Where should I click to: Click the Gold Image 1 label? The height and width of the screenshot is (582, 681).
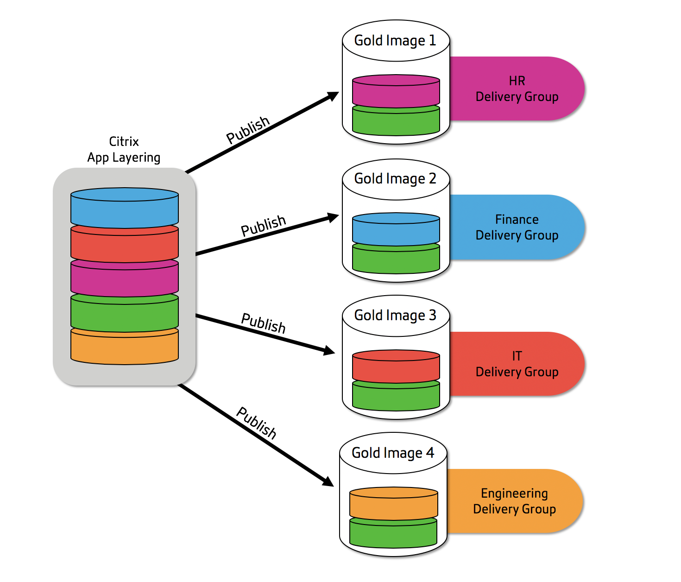pyautogui.click(x=395, y=41)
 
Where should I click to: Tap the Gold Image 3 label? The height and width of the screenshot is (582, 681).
pyautogui.click(x=395, y=316)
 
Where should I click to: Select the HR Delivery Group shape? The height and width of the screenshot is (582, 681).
pyautogui.click(x=517, y=89)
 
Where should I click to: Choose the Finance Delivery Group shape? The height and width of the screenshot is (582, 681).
pyautogui.click(x=517, y=227)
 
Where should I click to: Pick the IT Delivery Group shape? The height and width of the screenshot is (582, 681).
pyautogui.click(x=517, y=364)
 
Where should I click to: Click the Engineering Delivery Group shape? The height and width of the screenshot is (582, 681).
pyautogui.click(x=514, y=501)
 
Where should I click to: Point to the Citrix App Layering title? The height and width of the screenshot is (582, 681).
pyautogui.click(x=124, y=149)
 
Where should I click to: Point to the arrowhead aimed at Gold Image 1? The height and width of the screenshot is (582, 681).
pyautogui.click(x=333, y=96)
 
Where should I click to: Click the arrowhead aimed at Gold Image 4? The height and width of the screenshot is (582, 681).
pyautogui.click(x=328, y=481)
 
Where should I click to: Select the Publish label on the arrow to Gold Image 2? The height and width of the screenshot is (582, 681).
pyautogui.click(x=263, y=225)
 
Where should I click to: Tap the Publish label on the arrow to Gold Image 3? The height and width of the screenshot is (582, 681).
pyautogui.click(x=263, y=323)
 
